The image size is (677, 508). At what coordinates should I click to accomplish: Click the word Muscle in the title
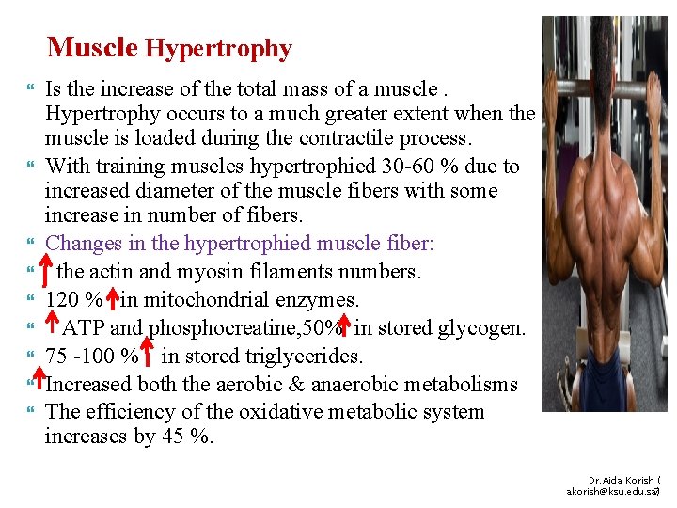pyautogui.click(x=92, y=46)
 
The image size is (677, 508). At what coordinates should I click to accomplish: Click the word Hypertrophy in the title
pyautogui.click(x=219, y=48)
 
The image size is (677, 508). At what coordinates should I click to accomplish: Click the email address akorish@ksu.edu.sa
pyautogui.click(x=612, y=492)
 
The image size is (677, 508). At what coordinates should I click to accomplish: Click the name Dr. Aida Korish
pyautogui.click(x=622, y=480)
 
